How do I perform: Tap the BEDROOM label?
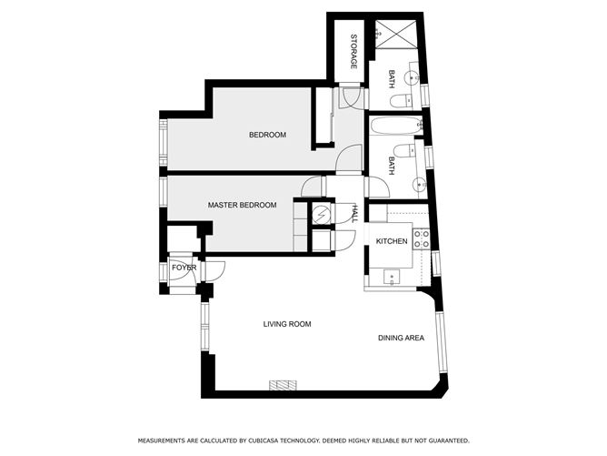[x=267, y=135]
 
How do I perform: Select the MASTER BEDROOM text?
[x=242, y=206]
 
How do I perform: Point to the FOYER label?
[x=184, y=268]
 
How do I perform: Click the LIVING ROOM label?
[x=287, y=324]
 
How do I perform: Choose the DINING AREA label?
[x=402, y=339]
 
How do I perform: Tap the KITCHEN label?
[x=392, y=241]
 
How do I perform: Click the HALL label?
[x=353, y=214]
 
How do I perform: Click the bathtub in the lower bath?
[x=394, y=126]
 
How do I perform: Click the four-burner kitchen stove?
[x=422, y=238]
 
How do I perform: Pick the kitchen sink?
[x=393, y=275]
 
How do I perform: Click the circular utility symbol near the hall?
[x=321, y=214]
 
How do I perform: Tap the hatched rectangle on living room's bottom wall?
[x=284, y=385]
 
